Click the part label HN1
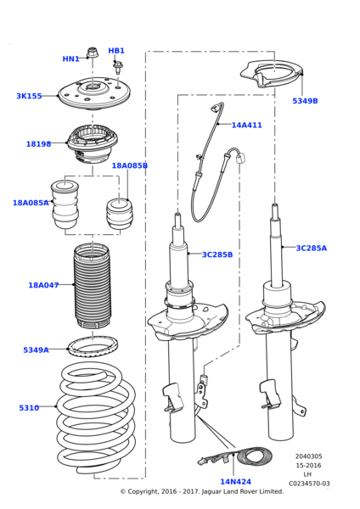click(x=70, y=59)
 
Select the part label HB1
click(x=116, y=51)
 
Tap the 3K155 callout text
click(x=29, y=97)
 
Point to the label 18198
click(x=38, y=144)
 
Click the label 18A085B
click(x=129, y=166)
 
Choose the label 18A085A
click(x=31, y=204)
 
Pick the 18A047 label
click(x=43, y=286)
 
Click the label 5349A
click(x=36, y=350)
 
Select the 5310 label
click(x=29, y=408)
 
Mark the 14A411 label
click(x=246, y=126)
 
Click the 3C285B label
click(x=240, y=255)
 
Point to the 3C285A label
click(x=311, y=249)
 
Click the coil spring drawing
click(x=95, y=421)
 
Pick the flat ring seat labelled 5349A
click(x=92, y=347)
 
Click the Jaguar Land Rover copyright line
click(x=201, y=492)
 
